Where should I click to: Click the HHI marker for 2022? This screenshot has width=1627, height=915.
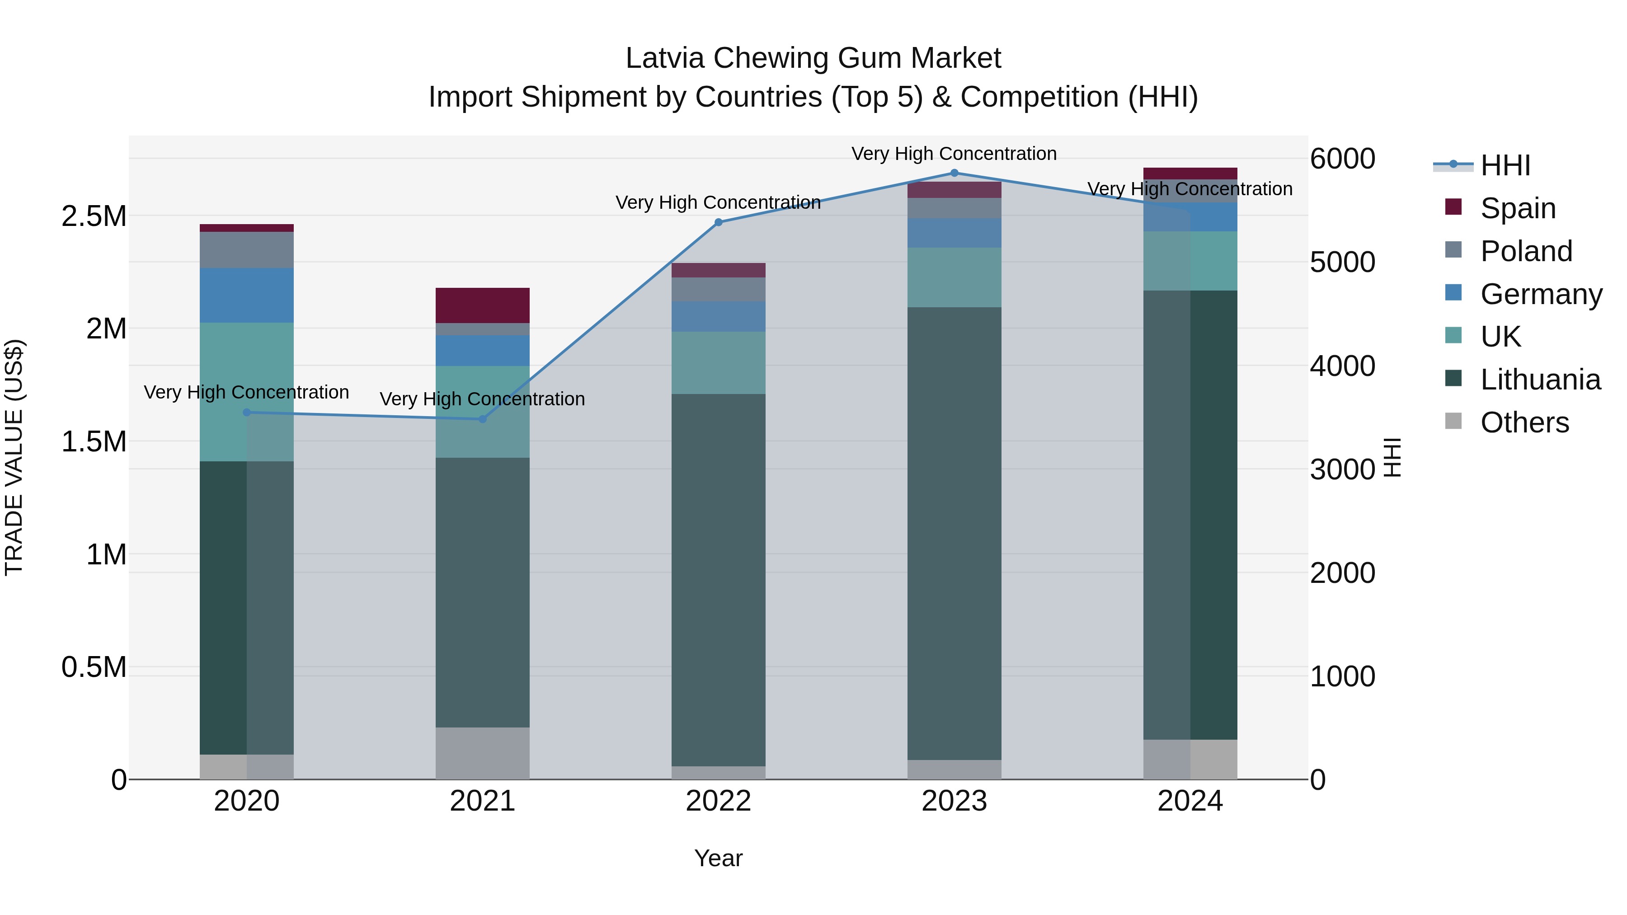click(x=718, y=222)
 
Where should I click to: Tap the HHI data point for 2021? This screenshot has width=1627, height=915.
click(x=483, y=419)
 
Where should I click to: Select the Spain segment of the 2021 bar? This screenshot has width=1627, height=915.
click(x=483, y=305)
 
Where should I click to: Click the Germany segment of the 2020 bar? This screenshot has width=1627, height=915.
click(x=246, y=296)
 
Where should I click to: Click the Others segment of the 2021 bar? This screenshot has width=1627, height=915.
click(x=483, y=753)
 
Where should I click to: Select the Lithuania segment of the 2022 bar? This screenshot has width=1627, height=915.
click(x=718, y=580)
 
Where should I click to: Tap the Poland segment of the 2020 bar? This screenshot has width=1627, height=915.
click(x=246, y=250)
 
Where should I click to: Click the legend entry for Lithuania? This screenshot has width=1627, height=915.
click(x=1540, y=380)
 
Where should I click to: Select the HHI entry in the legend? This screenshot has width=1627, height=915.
click(x=1505, y=165)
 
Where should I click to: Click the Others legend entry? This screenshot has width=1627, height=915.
click(x=1524, y=422)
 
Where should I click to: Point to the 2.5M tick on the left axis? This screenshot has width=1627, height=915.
click(x=94, y=216)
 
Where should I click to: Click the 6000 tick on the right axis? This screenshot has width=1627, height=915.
click(x=1343, y=159)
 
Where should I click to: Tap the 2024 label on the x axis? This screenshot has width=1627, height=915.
click(x=1190, y=801)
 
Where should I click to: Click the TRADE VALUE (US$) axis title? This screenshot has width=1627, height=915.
click(x=14, y=457)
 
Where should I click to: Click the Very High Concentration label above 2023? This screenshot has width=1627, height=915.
click(x=954, y=154)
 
